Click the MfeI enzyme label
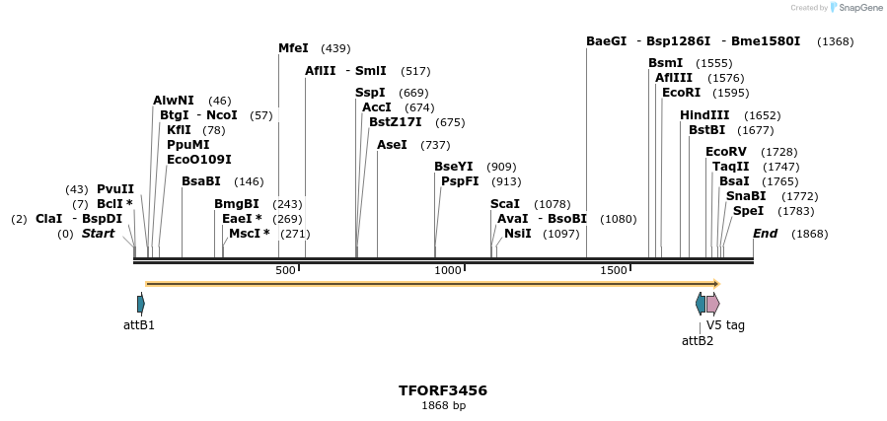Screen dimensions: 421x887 [293, 48]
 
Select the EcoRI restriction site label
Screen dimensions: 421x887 [681, 93]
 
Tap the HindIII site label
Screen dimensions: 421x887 [704, 115]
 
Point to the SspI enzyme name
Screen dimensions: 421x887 [370, 93]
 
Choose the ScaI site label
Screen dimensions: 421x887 [505, 204]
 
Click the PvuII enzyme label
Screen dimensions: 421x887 [115, 189]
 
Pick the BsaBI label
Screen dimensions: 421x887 [201, 181]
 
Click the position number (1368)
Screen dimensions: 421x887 [836, 41]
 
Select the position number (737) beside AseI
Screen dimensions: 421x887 [435, 145]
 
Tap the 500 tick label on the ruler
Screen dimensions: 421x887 [285, 270]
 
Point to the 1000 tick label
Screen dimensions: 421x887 [448, 270]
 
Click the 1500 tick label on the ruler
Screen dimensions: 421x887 [614, 270]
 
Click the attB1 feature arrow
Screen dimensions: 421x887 [141, 304]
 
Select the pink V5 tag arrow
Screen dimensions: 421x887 [712, 304]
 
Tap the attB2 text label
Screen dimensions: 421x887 [698, 341]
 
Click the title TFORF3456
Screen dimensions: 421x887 [443, 390]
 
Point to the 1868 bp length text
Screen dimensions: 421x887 [443, 406]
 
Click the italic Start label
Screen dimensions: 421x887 [99, 234]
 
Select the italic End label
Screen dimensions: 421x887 [766, 234]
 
